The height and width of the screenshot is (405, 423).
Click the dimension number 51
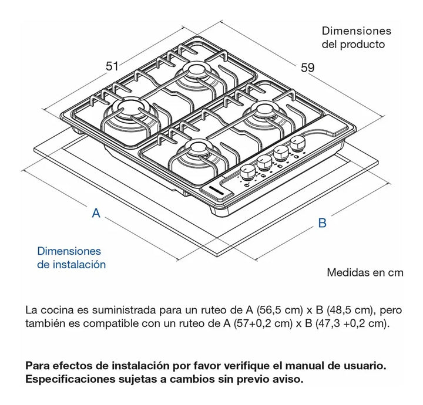point(112,66)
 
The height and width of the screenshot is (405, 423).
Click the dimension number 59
point(308,67)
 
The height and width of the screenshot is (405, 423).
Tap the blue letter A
point(96,214)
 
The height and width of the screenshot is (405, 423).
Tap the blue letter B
point(322,223)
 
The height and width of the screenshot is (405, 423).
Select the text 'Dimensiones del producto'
point(356,38)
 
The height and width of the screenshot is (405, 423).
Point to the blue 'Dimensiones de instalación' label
point(71,258)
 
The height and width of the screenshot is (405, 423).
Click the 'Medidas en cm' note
point(365,272)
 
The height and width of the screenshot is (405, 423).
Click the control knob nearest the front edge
point(248,171)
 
